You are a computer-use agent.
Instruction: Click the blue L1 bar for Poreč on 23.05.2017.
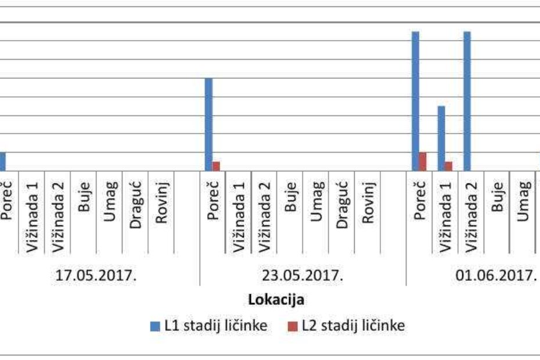click(x=208, y=124)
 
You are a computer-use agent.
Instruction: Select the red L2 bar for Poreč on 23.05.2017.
click(x=216, y=167)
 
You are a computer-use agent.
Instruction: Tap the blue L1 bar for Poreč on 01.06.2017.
click(x=415, y=101)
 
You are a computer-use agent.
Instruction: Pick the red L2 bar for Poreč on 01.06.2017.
click(x=423, y=161)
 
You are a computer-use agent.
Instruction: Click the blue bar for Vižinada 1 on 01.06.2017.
click(x=441, y=138)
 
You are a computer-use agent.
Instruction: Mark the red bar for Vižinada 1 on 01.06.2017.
click(x=448, y=167)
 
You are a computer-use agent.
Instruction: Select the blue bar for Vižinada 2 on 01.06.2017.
click(x=467, y=101)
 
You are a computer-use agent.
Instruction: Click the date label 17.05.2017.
click(x=96, y=275)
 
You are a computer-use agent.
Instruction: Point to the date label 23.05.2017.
click(x=303, y=275)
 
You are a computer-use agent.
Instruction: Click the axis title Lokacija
click(x=276, y=300)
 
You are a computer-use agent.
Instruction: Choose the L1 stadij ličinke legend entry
click(x=209, y=326)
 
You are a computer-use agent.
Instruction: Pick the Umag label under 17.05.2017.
click(x=110, y=200)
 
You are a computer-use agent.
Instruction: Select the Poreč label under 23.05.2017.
click(x=213, y=200)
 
